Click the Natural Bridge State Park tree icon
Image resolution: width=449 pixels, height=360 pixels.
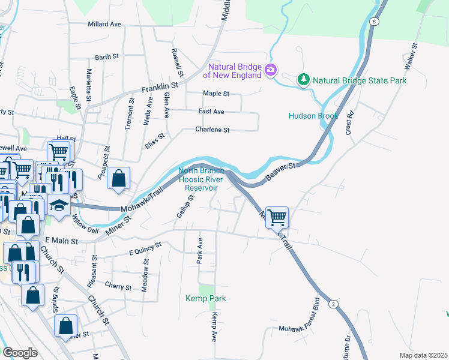pos(304,80)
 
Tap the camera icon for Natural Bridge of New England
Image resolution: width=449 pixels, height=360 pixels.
pos(271,70)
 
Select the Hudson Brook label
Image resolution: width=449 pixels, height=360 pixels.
pos(313,116)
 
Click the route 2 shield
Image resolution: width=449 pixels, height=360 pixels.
pos(333,304)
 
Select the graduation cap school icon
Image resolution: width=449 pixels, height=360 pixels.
pos(59,206)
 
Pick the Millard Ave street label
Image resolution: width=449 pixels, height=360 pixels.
pos(104,25)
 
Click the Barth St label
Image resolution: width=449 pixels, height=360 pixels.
pos(107,58)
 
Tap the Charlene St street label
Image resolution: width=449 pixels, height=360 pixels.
pos(212,130)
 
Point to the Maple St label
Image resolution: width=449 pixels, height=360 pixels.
pos(216,94)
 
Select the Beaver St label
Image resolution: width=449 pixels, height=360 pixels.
pos(281,169)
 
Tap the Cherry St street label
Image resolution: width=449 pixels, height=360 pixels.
pos(118,287)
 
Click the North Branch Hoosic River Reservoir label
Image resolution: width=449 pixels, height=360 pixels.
pos(200,179)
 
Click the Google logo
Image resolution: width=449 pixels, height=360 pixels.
pos(20,352)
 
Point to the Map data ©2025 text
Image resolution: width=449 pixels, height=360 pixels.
pos(423,355)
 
